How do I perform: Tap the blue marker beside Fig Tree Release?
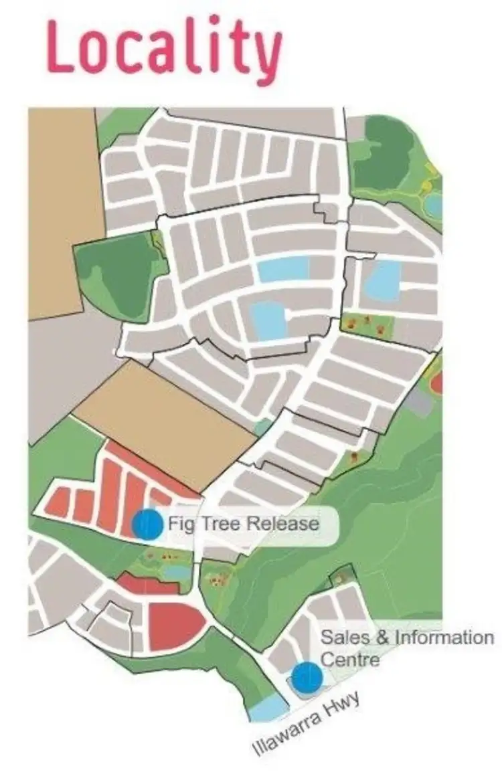pyautogui.click(x=147, y=523)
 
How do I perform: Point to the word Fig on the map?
pyautogui.click(x=181, y=523)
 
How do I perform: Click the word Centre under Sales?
pyautogui.click(x=350, y=659)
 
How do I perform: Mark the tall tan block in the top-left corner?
pyautogui.click(x=64, y=207)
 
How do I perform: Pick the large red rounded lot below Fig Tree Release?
pyautogui.click(x=174, y=625)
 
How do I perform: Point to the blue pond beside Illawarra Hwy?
pyautogui.click(x=268, y=707)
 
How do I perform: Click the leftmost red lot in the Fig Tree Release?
pyautogui.click(x=60, y=502)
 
